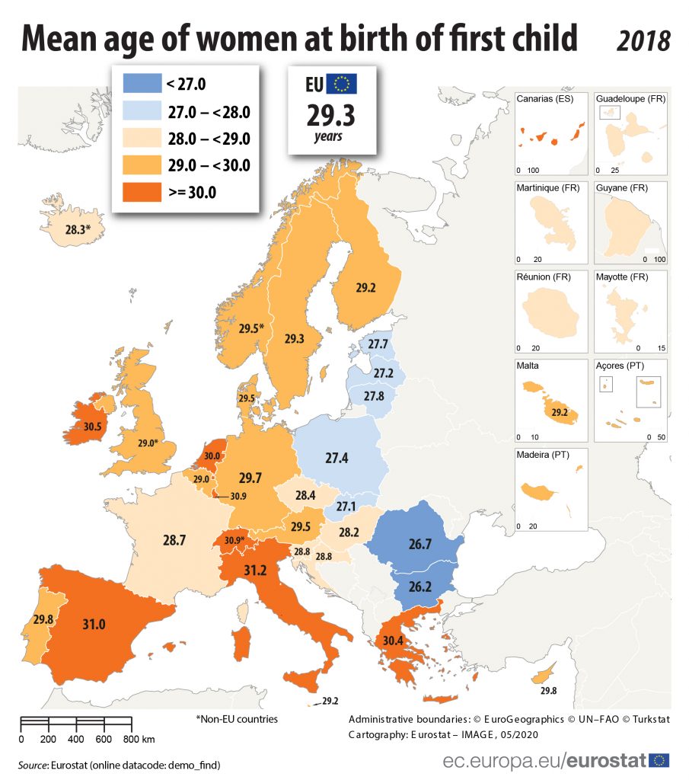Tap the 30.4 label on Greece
point(393,641)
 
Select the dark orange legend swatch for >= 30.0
point(141,191)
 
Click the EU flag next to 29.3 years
point(343,84)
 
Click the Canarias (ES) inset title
point(544,99)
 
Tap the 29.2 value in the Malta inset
point(560,413)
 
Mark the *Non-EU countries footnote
point(237,718)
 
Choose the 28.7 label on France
point(175,540)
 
